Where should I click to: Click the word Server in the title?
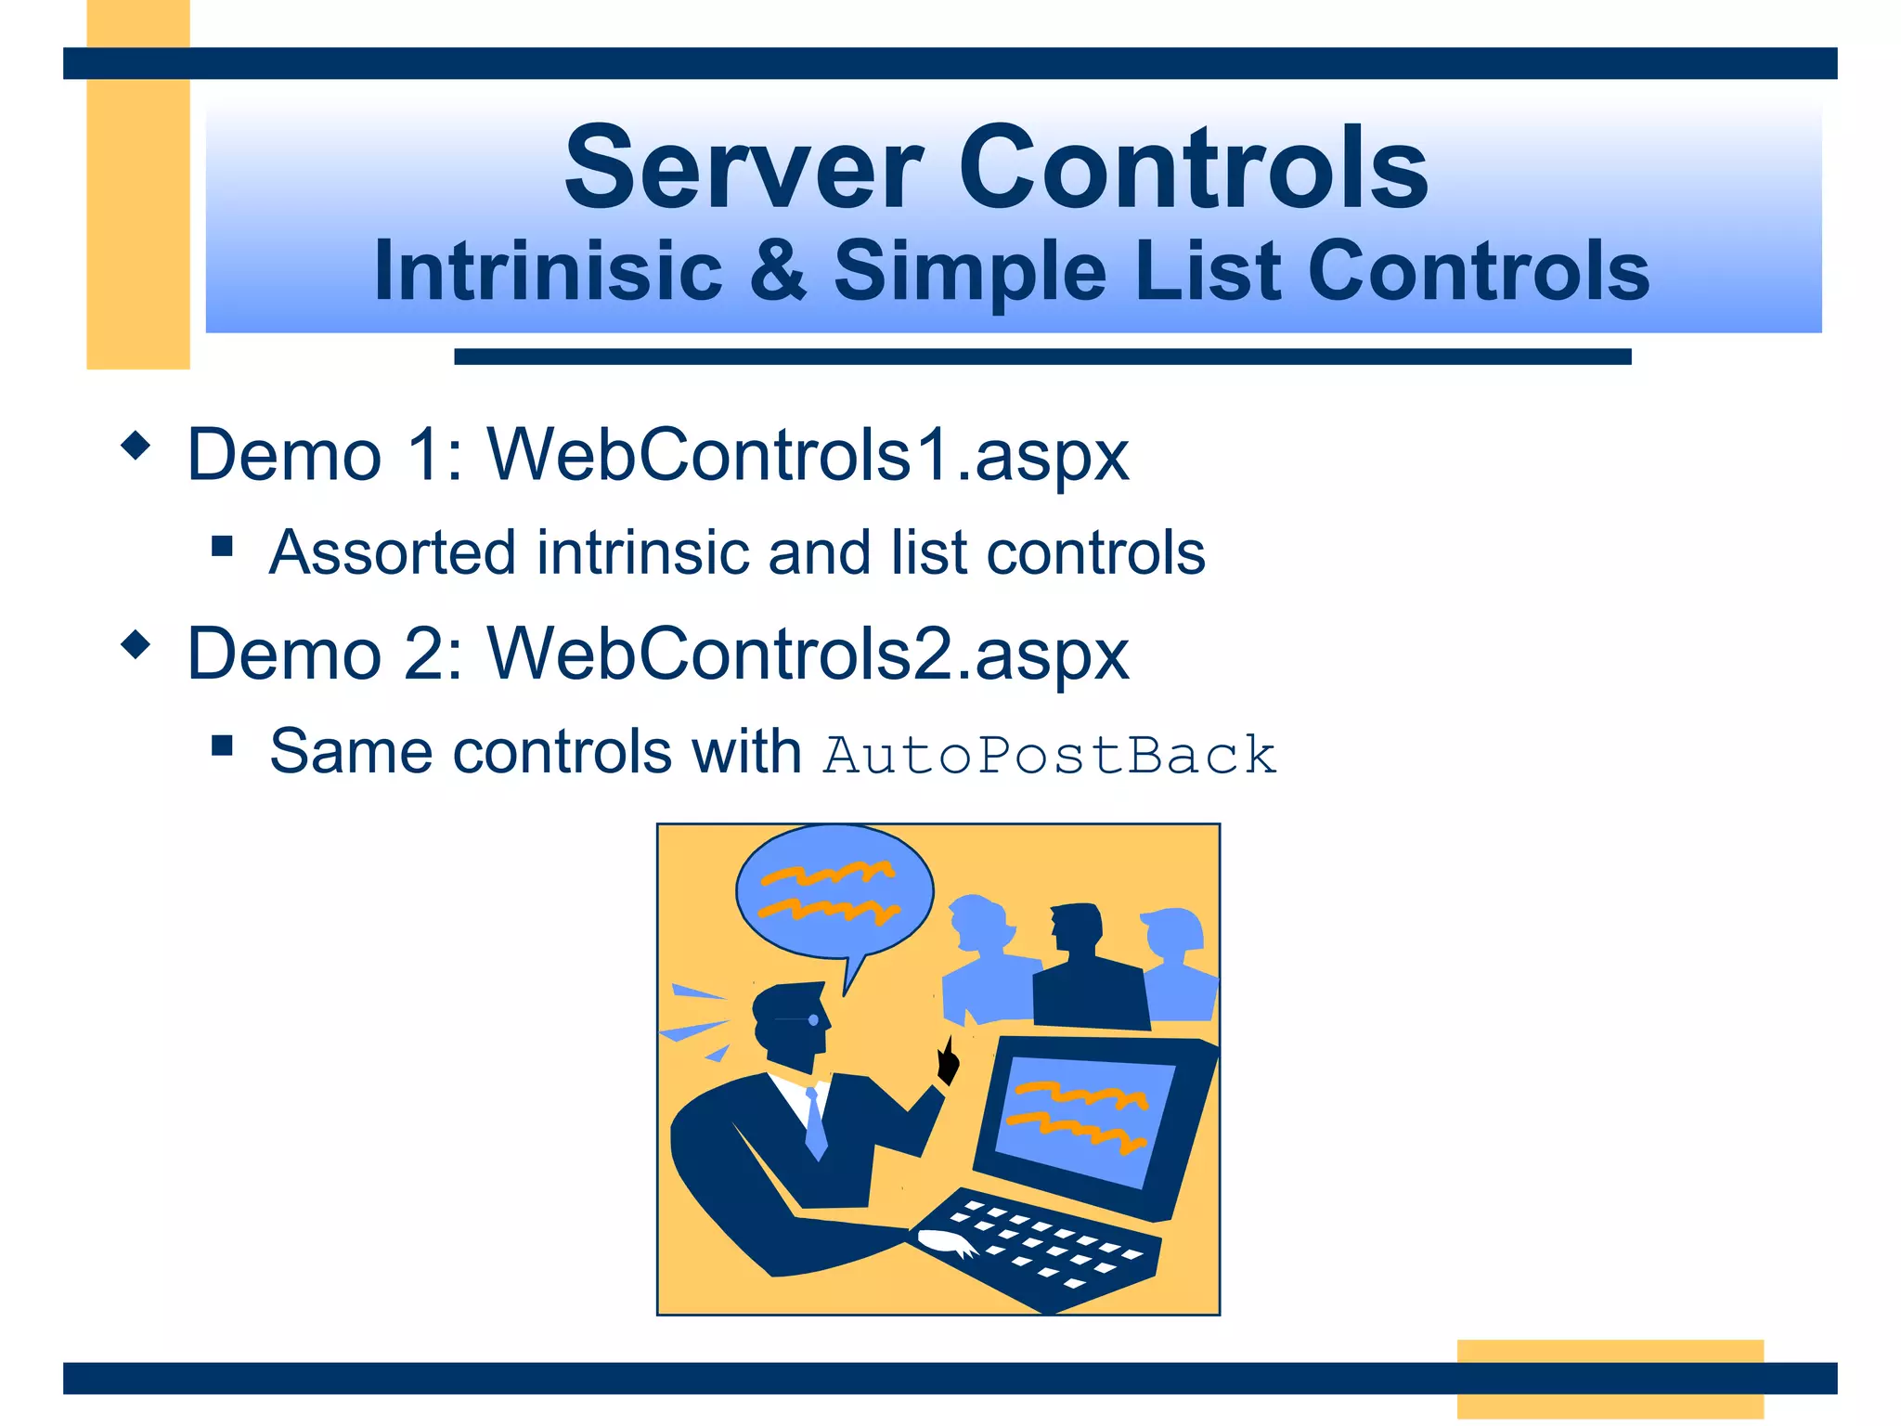click(x=744, y=169)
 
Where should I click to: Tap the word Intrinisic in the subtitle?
click(x=548, y=271)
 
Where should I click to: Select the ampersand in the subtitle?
click(x=778, y=271)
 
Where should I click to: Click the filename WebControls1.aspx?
click(x=808, y=455)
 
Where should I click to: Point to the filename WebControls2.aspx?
click(x=808, y=654)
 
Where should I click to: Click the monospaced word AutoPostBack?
click(x=1050, y=754)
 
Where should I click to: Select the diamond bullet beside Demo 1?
click(x=136, y=446)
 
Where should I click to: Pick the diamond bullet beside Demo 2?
click(x=136, y=644)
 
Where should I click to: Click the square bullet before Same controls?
click(x=222, y=745)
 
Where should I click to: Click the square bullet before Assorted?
click(x=222, y=546)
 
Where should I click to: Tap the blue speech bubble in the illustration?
click(x=834, y=891)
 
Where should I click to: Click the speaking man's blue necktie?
click(x=815, y=1124)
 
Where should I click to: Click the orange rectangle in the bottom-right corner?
click(x=1610, y=1378)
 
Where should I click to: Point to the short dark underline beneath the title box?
click(x=1041, y=356)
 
